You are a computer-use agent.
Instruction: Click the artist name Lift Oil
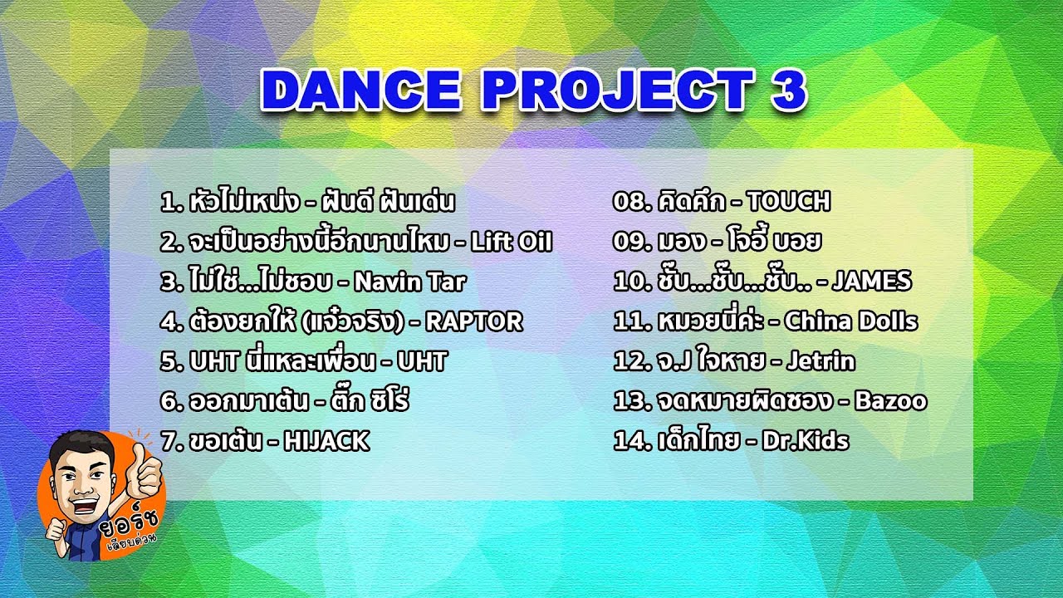(511, 242)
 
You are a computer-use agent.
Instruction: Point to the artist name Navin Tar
(409, 282)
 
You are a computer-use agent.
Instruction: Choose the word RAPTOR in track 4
(474, 321)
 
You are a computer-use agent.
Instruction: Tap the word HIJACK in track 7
(326, 441)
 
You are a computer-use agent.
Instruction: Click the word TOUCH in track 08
(788, 201)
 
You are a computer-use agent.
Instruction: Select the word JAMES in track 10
(871, 281)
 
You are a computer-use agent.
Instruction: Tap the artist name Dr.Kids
(806, 441)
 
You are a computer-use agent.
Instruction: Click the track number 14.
(626, 441)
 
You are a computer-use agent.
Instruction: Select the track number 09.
(627, 242)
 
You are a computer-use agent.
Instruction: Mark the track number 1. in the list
(169, 202)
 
